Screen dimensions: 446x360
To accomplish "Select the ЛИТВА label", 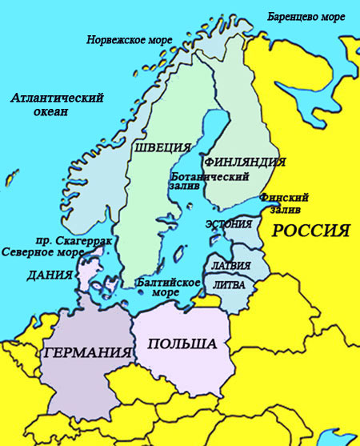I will (x=229, y=284).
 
